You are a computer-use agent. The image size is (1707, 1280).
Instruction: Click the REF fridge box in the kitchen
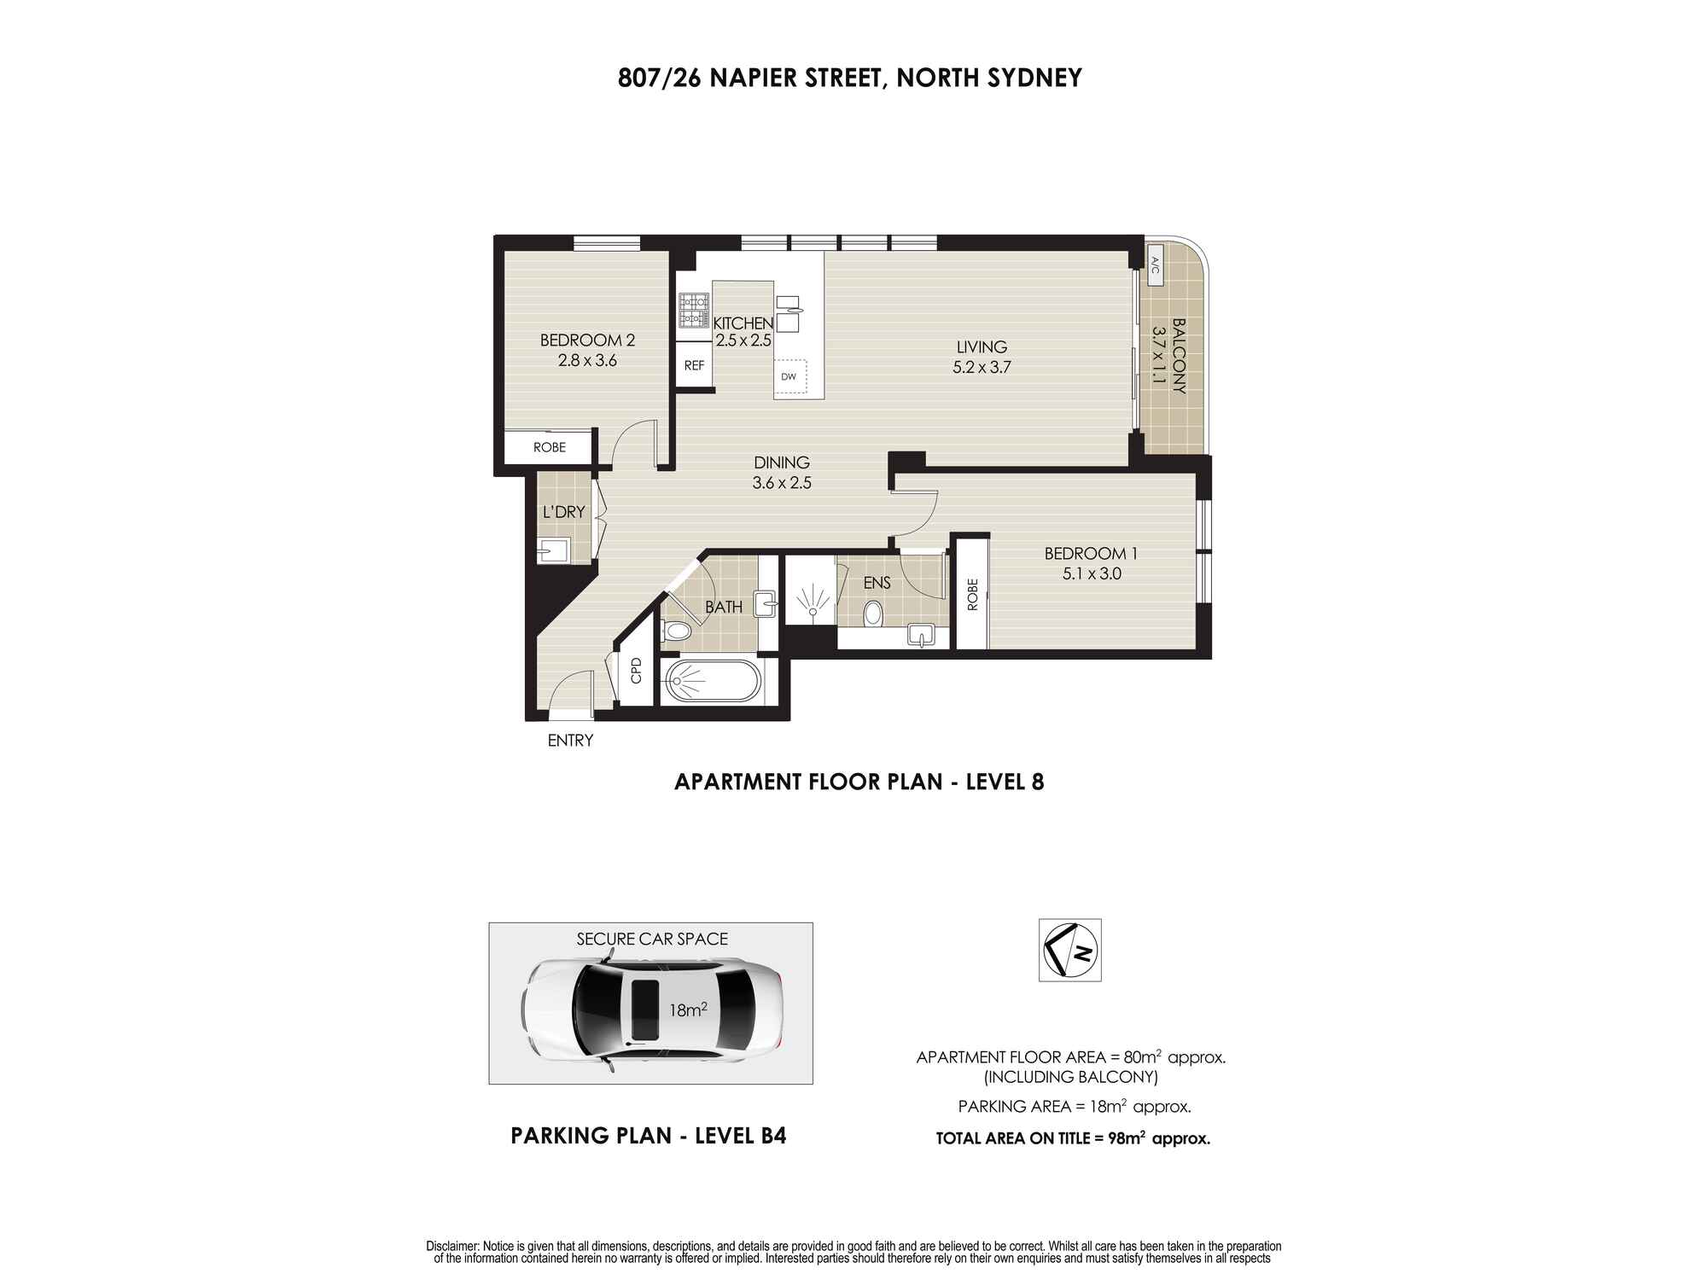click(x=695, y=365)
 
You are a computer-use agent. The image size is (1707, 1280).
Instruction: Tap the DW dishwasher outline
click(x=789, y=376)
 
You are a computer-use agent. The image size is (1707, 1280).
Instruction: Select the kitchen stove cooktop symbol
click(x=694, y=311)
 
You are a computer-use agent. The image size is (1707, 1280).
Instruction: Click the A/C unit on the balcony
click(x=1155, y=270)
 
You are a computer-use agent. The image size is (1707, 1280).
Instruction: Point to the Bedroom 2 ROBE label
click(x=550, y=447)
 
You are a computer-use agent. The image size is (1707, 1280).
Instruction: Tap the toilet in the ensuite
click(x=872, y=614)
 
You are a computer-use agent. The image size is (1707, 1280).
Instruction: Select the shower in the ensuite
click(x=810, y=601)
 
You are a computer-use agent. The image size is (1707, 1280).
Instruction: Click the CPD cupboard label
click(x=636, y=670)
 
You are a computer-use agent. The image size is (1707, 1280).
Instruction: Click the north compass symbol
click(x=1069, y=950)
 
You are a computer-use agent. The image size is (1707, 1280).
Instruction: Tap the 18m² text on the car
click(x=688, y=1010)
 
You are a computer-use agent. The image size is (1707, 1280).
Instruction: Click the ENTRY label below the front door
click(x=570, y=741)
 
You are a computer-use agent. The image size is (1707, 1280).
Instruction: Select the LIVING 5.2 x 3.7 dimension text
click(x=982, y=368)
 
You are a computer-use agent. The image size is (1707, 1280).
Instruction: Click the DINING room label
click(x=781, y=463)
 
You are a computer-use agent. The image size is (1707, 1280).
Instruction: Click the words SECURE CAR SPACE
click(x=652, y=939)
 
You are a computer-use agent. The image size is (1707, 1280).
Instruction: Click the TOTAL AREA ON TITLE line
click(x=1073, y=1138)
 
